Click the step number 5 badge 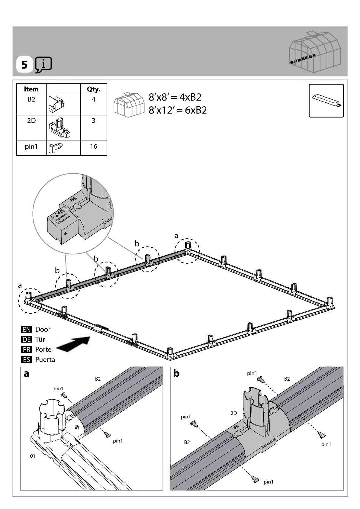click(x=24, y=65)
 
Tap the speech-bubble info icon click(x=43, y=65)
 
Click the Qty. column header click(x=94, y=89)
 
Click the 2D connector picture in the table click(x=59, y=128)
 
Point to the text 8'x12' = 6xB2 click(x=178, y=110)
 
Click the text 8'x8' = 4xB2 click(x=175, y=97)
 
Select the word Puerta click(x=45, y=360)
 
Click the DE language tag click(x=27, y=340)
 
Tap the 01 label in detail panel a click(x=33, y=456)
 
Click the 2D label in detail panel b click(x=234, y=413)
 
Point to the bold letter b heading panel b click(x=176, y=374)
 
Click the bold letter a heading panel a click(x=27, y=374)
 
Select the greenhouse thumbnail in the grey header click(x=315, y=52)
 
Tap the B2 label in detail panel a click(x=98, y=379)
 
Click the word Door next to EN click(x=43, y=330)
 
